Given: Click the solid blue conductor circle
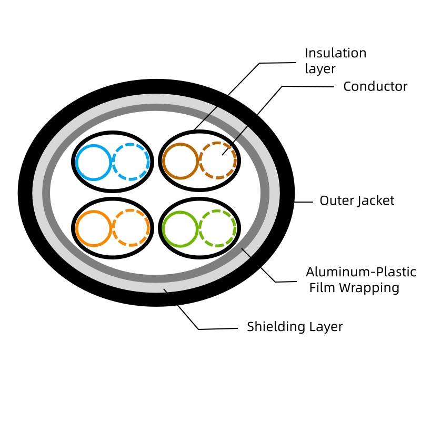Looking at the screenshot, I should pos(94,162).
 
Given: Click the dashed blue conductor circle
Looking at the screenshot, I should pos(131,162).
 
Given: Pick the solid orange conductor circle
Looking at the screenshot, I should pos(94,228).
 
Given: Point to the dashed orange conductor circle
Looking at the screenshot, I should pos(131,228).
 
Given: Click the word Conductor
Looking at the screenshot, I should pos(375,86).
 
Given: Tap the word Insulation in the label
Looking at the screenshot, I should pos(335,53).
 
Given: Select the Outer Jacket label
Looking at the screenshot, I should pos(357,201).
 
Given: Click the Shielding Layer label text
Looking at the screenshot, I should pos(295,327).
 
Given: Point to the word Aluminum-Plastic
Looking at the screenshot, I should pos(361,272).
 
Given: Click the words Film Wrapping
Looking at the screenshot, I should pos(354,288).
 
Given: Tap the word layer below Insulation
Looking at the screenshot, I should pos(320,69).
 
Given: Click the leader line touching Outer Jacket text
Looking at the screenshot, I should pos(304,202).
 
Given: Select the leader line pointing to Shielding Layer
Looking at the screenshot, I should pos(210,329).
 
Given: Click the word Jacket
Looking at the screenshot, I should pos(376,201).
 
